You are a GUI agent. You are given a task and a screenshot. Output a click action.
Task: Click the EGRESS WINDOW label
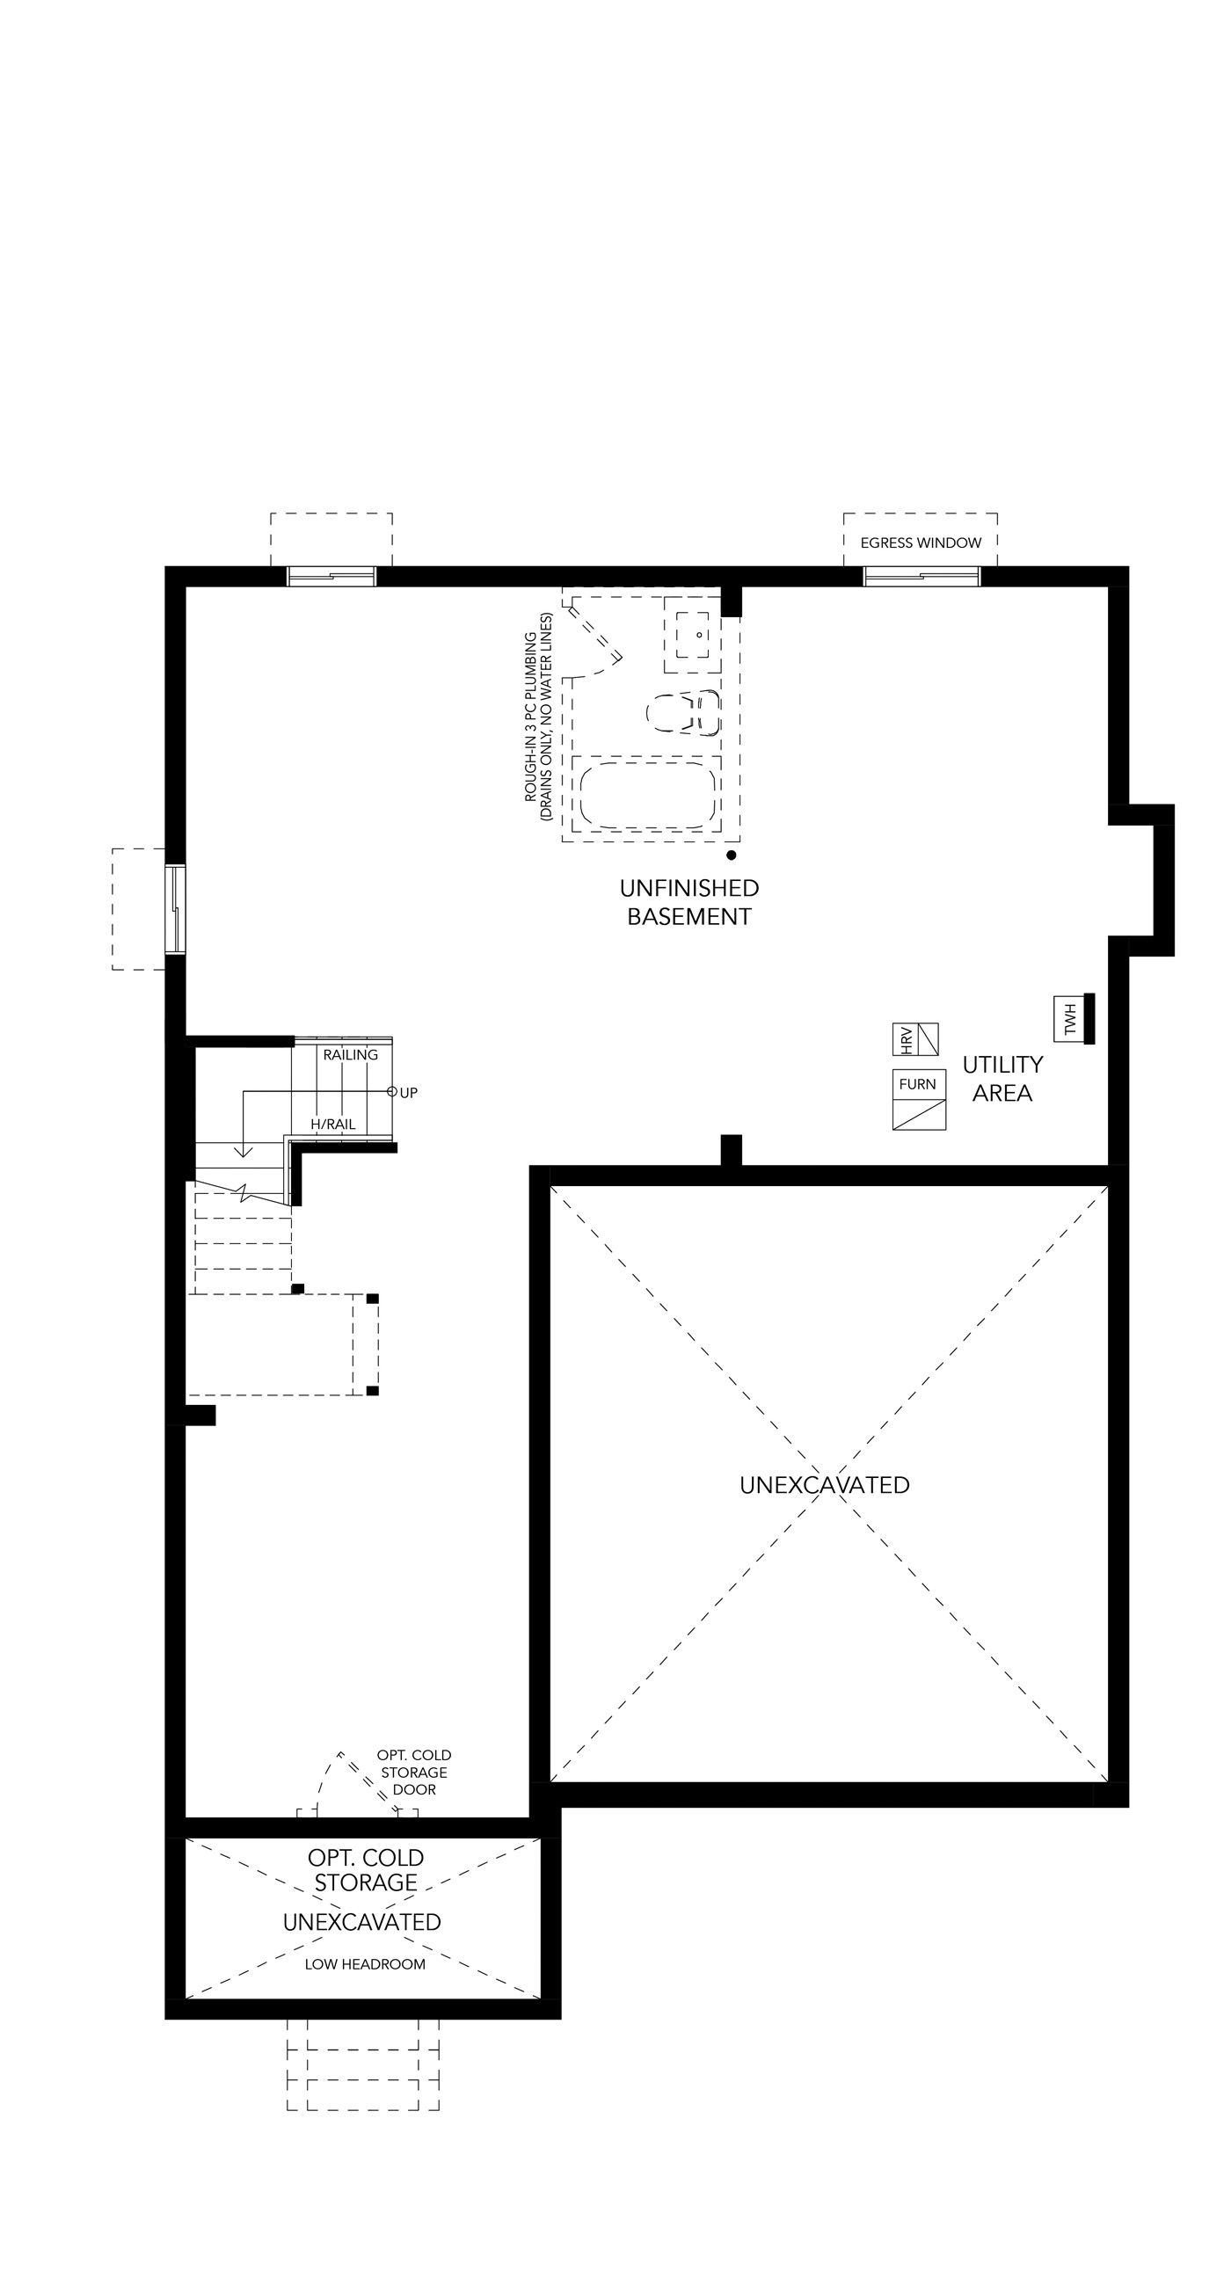pyautogui.click(x=921, y=542)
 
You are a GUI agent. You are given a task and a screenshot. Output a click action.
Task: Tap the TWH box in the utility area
pyautogui.click(x=1067, y=1019)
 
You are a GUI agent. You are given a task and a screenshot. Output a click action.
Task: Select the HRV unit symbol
pyautogui.click(x=915, y=1039)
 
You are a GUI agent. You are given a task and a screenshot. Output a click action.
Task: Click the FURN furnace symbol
pyautogui.click(x=919, y=1100)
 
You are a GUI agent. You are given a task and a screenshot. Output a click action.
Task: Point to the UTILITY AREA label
pyautogui.click(x=1002, y=1078)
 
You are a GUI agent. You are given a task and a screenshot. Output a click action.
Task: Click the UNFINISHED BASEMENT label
pyautogui.click(x=688, y=901)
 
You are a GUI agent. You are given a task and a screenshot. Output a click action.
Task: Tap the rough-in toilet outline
pyautogui.click(x=682, y=712)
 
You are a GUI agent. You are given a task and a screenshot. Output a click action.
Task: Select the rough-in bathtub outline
pyautogui.click(x=647, y=792)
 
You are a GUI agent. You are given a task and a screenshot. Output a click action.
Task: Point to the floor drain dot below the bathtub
pyautogui.click(x=732, y=855)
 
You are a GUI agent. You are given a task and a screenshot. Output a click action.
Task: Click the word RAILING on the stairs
pyautogui.click(x=351, y=1054)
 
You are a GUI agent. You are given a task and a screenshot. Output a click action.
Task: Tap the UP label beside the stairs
pyautogui.click(x=408, y=1092)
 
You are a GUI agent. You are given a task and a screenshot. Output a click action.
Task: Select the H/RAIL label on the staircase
pyautogui.click(x=333, y=1124)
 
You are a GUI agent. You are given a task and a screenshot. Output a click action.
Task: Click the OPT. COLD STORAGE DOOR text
pyautogui.click(x=414, y=1773)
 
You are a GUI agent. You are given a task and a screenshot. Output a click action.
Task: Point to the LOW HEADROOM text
pyautogui.click(x=365, y=1965)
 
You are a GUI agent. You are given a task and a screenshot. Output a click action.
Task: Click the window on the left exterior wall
pyautogui.click(x=176, y=909)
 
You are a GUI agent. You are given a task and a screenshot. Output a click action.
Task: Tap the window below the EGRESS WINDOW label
pyautogui.click(x=922, y=576)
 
